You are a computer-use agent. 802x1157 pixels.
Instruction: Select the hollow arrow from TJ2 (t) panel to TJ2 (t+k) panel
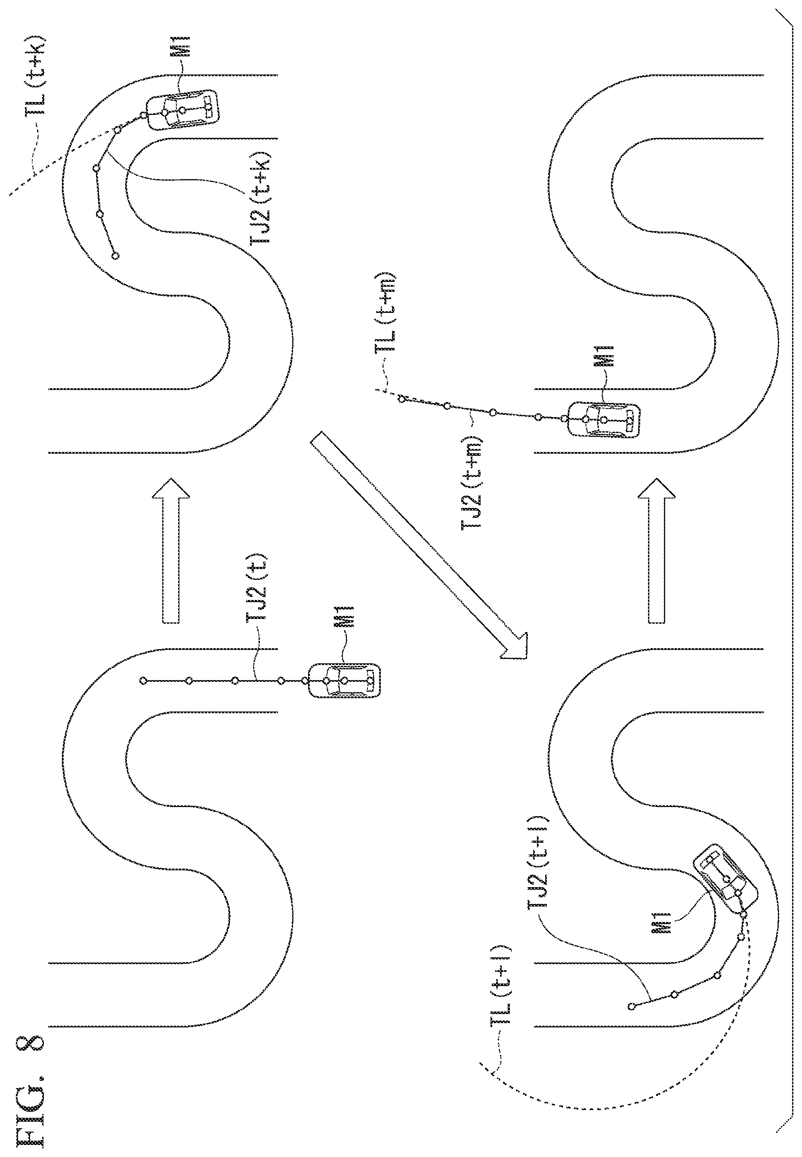tap(171, 551)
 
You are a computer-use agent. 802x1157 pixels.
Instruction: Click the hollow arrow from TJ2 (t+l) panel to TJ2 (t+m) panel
tap(656, 551)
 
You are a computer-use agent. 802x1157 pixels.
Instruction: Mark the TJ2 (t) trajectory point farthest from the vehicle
tap(143, 681)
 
